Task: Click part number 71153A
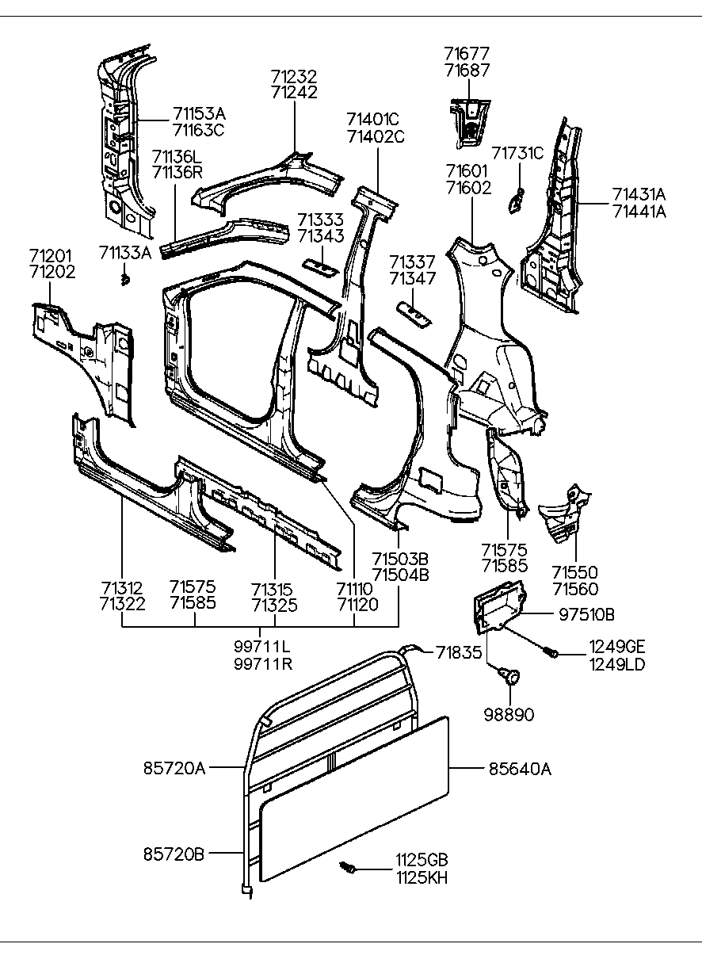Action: [199, 113]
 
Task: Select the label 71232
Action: [294, 77]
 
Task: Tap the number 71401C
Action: [372, 120]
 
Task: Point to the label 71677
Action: [467, 54]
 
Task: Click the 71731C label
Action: [518, 153]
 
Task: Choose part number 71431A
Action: [639, 195]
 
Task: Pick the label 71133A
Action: [125, 253]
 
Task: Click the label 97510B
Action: [587, 614]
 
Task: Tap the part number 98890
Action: [509, 715]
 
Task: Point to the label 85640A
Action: [519, 768]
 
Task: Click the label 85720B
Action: [174, 854]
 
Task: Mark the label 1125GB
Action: [422, 860]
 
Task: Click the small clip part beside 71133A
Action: [125, 280]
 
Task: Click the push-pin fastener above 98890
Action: [509, 676]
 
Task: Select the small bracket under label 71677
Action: [468, 120]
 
